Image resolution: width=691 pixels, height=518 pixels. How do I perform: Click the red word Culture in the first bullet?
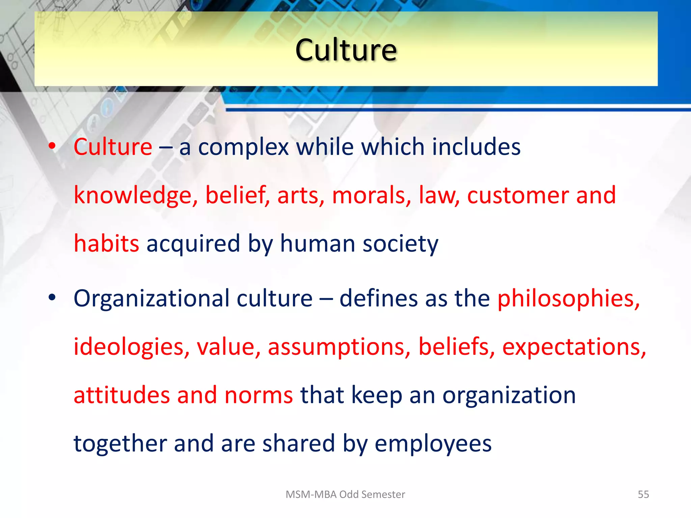click(x=113, y=147)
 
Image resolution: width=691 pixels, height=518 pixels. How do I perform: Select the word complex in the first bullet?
click(x=243, y=148)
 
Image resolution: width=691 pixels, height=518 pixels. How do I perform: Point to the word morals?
click(x=371, y=196)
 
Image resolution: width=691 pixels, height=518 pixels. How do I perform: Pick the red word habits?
click(x=106, y=243)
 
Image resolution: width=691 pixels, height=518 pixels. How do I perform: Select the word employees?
click(x=433, y=444)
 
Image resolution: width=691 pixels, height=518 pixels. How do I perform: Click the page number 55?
click(x=643, y=494)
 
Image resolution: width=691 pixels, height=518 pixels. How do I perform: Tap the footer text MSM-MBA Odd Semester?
click(x=345, y=494)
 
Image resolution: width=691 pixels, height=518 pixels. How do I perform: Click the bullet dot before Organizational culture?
click(x=52, y=297)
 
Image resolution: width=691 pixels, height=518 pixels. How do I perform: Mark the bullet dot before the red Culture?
click(x=52, y=146)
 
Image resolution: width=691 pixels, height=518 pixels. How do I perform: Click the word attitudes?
click(x=121, y=395)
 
